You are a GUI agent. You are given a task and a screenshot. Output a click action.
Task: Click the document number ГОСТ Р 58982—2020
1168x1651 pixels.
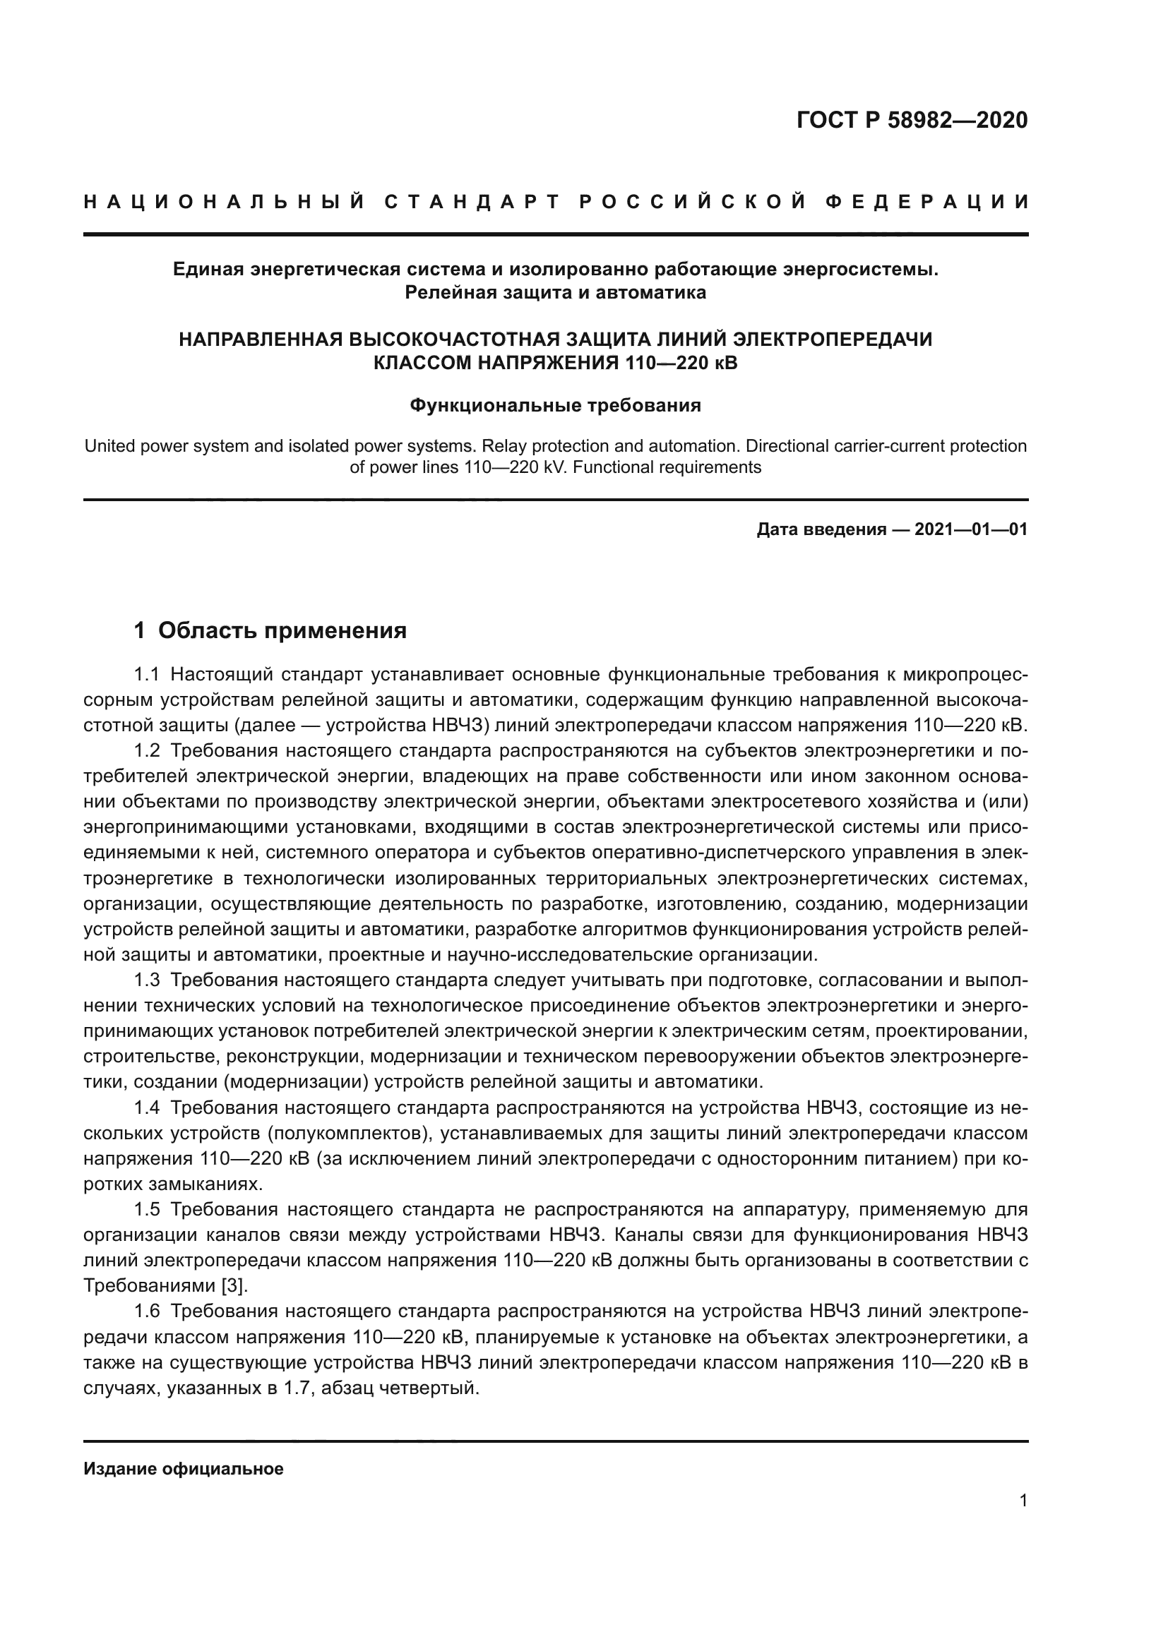point(911,120)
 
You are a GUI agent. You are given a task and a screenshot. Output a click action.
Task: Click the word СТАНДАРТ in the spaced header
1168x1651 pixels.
point(472,202)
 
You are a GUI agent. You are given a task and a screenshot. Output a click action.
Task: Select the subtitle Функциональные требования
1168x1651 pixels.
point(555,406)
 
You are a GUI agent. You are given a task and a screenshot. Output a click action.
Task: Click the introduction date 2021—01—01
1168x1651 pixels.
point(971,530)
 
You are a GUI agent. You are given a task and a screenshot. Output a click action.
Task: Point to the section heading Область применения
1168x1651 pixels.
point(282,630)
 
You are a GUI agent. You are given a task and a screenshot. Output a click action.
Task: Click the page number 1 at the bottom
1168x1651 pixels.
point(1023,1501)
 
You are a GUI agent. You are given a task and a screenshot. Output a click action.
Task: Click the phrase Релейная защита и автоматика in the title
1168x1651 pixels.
point(555,293)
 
